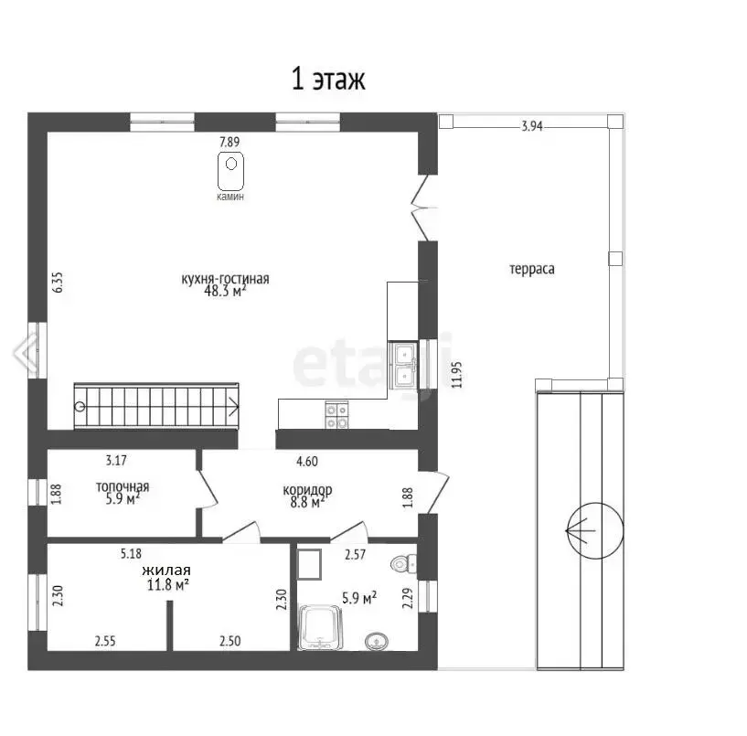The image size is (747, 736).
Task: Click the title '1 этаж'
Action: pyautogui.click(x=328, y=79)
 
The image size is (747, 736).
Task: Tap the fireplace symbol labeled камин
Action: pyautogui.click(x=231, y=171)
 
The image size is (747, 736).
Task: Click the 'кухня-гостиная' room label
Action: pyautogui.click(x=225, y=278)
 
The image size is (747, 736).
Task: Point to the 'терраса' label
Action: pyautogui.click(x=531, y=269)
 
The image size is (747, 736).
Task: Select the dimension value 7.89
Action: pyautogui.click(x=229, y=142)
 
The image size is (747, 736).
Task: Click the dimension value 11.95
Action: pyautogui.click(x=456, y=375)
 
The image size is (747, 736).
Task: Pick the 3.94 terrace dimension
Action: pyautogui.click(x=531, y=126)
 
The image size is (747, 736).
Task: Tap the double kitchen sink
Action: pyautogui.click(x=403, y=365)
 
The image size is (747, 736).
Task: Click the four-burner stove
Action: pyautogui.click(x=336, y=415)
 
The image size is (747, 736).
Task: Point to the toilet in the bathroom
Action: pyautogui.click(x=403, y=564)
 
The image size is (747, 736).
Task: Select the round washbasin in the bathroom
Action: pyautogui.click(x=377, y=641)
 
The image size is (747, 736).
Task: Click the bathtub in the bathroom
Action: pyautogui.click(x=320, y=627)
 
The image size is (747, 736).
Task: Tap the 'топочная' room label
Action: pyautogui.click(x=123, y=486)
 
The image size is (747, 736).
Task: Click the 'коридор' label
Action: pyautogui.click(x=307, y=490)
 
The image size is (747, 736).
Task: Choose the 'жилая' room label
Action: pyautogui.click(x=166, y=571)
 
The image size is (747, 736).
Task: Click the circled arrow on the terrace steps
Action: pyautogui.click(x=594, y=530)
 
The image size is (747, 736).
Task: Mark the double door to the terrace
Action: pyautogui.click(x=424, y=208)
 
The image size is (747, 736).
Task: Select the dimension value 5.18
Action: pyautogui.click(x=131, y=553)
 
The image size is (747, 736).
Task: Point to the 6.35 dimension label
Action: pyautogui.click(x=58, y=282)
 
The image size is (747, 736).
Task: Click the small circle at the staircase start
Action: pyautogui.click(x=80, y=406)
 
